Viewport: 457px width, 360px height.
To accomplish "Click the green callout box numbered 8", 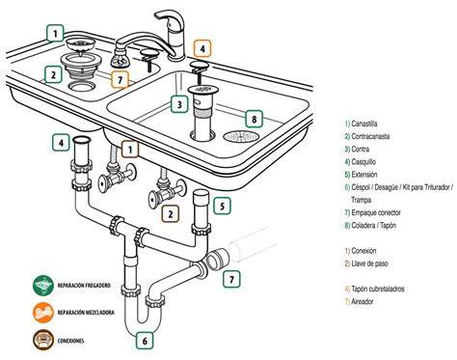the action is tap(254, 119).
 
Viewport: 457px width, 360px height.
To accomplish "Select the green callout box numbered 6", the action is tap(145, 341).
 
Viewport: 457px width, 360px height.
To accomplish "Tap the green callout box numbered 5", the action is tap(223, 206).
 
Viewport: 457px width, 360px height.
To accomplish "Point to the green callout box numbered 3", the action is tap(179, 104).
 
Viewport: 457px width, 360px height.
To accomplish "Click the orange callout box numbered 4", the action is tap(202, 49).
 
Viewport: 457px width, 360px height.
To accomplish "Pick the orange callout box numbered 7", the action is tap(121, 79).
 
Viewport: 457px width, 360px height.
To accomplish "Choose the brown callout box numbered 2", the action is tap(171, 213).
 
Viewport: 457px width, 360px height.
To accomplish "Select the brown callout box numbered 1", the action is tap(130, 150).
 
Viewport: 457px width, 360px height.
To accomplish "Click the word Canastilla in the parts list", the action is tap(364, 124).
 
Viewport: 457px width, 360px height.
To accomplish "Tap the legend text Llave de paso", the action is tap(369, 263).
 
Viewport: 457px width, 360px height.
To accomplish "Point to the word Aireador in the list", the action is tap(363, 302).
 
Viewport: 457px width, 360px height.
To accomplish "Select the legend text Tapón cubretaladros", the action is tap(378, 289).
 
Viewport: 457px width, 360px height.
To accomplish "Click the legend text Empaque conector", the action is tap(376, 212).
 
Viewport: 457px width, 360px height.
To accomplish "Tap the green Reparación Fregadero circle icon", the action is tap(43, 285).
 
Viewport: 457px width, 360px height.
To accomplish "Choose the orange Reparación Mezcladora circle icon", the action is tap(43, 312).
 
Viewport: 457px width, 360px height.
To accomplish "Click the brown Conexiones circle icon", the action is tap(43, 340).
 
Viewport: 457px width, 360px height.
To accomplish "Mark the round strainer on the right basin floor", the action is tap(241, 136).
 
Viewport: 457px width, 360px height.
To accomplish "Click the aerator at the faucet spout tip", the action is tap(121, 59).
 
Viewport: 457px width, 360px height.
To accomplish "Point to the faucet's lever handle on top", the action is tap(170, 19).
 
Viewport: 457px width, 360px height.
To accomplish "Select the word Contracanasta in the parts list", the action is tap(370, 136).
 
